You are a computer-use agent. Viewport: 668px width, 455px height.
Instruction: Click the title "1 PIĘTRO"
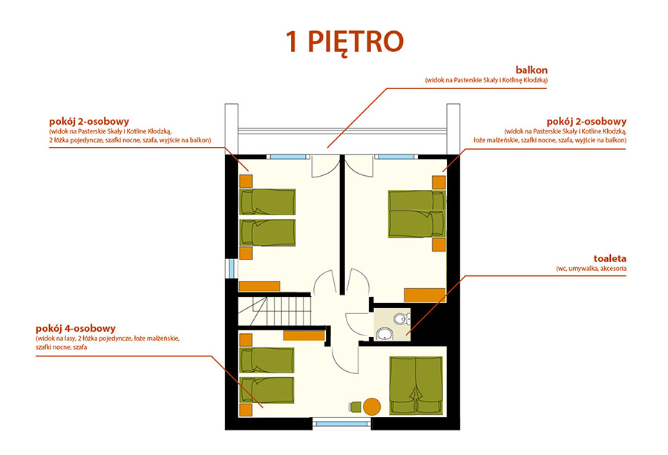(344, 42)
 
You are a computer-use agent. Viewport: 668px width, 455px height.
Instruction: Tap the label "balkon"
(531, 70)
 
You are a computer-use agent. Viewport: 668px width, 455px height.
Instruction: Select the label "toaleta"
(609, 258)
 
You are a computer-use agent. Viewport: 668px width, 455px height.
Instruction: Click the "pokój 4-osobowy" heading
(76, 329)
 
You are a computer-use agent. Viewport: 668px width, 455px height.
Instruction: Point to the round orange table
(372, 407)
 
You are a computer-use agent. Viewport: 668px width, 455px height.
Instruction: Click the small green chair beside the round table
(355, 407)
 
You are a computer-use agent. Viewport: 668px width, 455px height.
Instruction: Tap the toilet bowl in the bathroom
(401, 318)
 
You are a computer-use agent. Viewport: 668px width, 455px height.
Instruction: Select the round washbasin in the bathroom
(385, 334)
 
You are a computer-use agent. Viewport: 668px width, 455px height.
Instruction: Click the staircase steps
(274, 310)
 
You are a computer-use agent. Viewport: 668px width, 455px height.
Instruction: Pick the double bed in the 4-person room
(416, 385)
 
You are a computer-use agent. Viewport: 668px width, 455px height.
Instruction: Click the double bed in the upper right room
(416, 214)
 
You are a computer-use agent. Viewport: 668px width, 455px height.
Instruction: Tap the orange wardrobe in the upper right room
(425, 295)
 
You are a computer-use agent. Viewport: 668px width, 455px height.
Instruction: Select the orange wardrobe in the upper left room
(260, 287)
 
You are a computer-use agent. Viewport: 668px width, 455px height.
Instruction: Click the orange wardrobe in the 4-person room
(304, 335)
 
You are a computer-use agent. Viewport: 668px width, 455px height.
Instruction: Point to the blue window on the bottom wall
(341, 424)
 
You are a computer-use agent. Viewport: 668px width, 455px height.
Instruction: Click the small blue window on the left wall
(232, 269)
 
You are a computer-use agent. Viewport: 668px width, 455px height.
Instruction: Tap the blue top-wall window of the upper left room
(289, 157)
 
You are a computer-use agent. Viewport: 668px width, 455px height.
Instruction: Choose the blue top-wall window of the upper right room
(396, 157)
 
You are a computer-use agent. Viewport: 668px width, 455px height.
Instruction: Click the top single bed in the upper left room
(267, 202)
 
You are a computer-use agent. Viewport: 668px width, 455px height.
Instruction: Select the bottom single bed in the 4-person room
(266, 390)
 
